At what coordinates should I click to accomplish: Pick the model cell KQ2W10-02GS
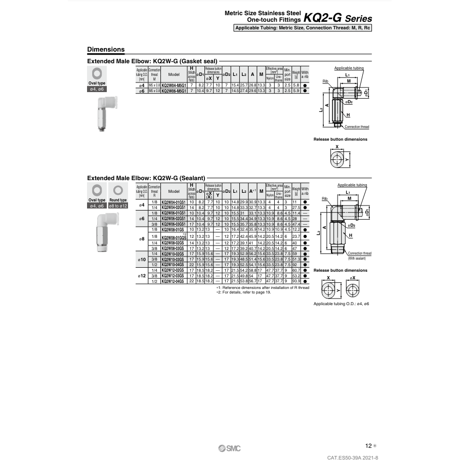(x=174, y=254)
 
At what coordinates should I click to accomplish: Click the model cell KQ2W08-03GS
(x=174, y=249)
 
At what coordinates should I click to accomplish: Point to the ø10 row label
(x=142, y=260)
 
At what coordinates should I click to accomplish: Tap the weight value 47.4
(x=296, y=224)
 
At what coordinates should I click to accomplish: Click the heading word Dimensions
(x=106, y=50)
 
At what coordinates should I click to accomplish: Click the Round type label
(x=118, y=200)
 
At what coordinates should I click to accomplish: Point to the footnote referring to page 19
(x=243, y=292)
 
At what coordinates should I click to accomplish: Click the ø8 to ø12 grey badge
(x=118, y=205)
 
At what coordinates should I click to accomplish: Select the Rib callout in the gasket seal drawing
(x=326, y=80)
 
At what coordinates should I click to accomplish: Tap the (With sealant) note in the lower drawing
(x=358, y=258)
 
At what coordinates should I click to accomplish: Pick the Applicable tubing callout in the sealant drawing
(x=352, y=185)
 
